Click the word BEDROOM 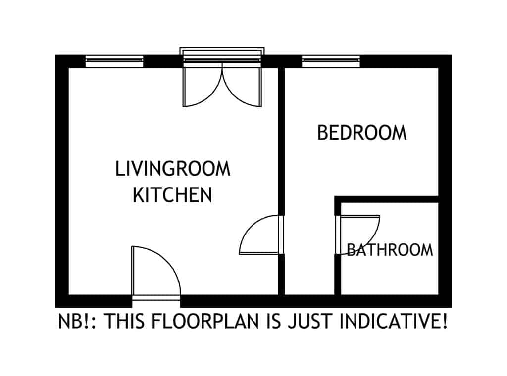pyautogui.click(x=362, y=133)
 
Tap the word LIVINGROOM pyautogui.click(x=173, y=169)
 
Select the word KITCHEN pyautogui.click(x=173, y=194)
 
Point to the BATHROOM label pyautogui.click(x=390, y=250)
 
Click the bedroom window pyautogui.click(x=331, y=61)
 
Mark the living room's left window pyautogui.click(x=114, y=61)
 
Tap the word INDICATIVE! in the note pyautogui.click(x=394, y=321)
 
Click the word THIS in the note pyautogui.click(x=125, y=321)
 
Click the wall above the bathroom pyautogui.click(x=386, y=199)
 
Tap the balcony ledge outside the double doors pyautogui.click(x=222, y=51)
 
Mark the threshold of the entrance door pyautogui.click(x=156, y=298)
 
